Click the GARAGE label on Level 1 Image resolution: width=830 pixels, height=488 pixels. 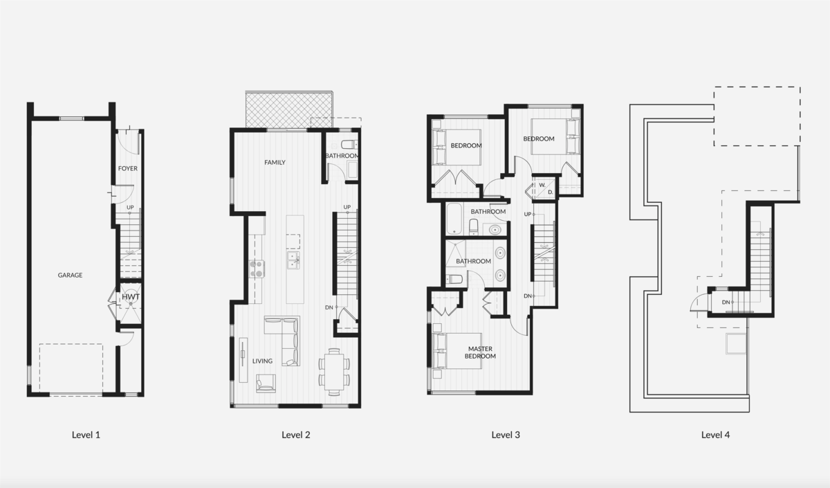point(70,275)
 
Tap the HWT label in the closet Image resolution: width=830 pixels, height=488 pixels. point(131,298)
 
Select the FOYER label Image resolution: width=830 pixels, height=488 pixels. point(127,168)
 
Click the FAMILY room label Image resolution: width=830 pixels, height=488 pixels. point(275,163)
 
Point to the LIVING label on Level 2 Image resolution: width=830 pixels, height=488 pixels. point(262,361)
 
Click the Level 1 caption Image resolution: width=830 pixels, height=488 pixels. point(86,435)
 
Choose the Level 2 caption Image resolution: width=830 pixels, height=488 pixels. point(296,435)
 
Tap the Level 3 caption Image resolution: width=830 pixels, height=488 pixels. point(506,435)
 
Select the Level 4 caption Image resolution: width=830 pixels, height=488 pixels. point(715,435)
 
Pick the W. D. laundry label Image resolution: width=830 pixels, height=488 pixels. point(546,188)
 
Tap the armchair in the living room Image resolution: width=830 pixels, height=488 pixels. point(266,382)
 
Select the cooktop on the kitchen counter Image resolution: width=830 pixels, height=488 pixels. point(257,269)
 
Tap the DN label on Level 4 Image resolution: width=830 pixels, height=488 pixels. point(726,302)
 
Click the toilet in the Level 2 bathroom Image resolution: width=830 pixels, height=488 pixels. point(348,145)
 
